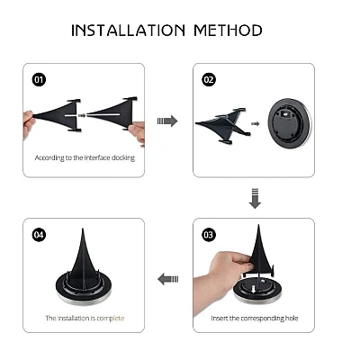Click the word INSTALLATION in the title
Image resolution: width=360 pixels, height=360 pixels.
point(129,31)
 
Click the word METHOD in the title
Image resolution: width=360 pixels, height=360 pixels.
point(228,31)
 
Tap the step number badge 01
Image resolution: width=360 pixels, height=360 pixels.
point(39,80)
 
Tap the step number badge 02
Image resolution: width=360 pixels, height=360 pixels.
point(209,80)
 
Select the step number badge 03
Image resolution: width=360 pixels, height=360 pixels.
point(209,234)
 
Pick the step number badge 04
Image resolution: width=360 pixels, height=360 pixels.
point(39,234)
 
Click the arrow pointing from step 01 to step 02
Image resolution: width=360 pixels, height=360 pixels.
point(167,121)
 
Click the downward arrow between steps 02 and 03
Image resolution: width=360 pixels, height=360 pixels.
point(255,198)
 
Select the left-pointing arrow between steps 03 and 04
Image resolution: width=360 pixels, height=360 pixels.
point(168,279)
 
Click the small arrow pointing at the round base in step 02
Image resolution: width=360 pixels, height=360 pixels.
point(256,123)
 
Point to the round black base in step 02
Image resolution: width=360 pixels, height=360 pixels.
point(290,124)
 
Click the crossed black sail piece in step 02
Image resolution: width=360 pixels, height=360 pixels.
point(222,125)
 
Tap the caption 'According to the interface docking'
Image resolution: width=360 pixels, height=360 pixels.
point(85,157)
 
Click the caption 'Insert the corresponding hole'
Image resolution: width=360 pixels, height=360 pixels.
point(255,318)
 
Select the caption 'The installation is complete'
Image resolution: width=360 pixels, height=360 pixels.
point(85,318)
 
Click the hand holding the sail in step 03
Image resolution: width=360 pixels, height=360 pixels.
point(222,277)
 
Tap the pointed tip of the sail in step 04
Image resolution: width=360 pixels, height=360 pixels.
point(83,229)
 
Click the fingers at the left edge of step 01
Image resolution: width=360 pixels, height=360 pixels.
point(28,123)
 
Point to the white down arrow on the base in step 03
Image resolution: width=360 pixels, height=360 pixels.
point(253,289)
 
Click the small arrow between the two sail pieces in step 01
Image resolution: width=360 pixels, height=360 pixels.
point(82,115)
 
